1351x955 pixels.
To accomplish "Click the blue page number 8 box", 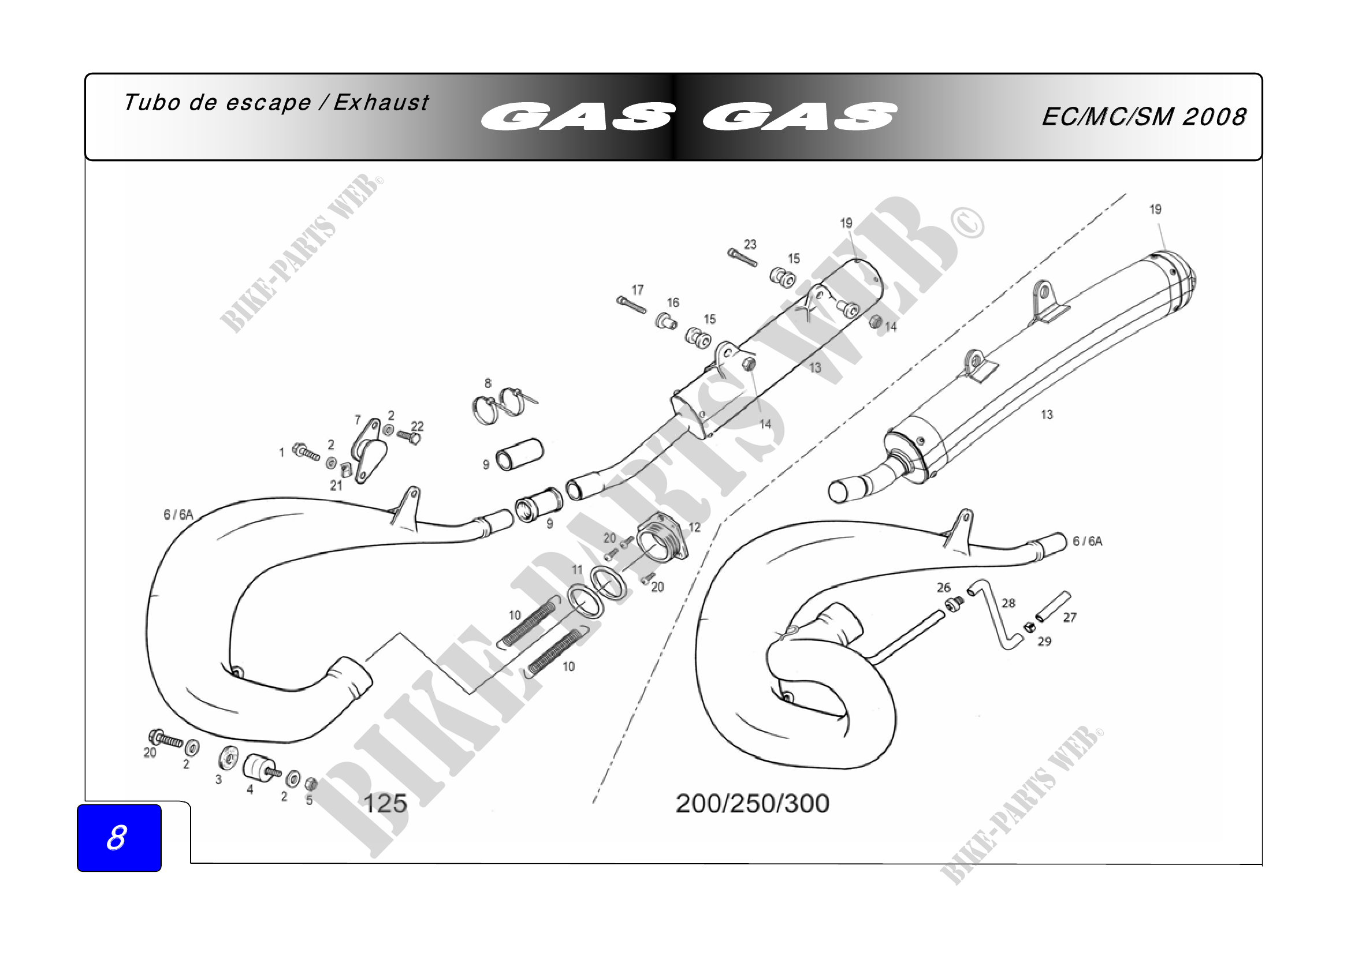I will coord(119,837).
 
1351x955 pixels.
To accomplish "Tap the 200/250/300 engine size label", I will coord(752,803).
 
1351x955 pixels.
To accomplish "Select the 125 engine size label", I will coord(385,803).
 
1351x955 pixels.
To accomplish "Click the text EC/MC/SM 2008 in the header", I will coord(1143,117).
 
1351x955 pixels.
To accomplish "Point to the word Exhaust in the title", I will coord(381,103).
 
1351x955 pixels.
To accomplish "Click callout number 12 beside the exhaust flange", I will coord(694,528).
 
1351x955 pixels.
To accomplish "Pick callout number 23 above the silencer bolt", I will coord(750,244).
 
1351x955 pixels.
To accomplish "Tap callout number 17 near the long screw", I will coord(637,290).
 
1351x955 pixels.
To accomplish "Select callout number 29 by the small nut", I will coord(1044,641).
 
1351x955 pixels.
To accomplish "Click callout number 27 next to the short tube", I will coord(1069,617).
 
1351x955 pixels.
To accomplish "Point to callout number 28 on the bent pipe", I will coord(1008,603).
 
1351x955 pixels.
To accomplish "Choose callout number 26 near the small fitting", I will coord(943,587).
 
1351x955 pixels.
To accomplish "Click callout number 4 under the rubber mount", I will coord(250,790).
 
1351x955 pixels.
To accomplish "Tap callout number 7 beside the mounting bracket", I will coord(357,419).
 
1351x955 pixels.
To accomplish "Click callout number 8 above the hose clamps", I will coord(487,383).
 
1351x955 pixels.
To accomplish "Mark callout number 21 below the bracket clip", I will coord(336,485).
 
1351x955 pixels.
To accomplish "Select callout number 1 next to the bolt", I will coord(281,452).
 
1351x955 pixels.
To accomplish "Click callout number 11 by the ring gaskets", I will coord(576,569).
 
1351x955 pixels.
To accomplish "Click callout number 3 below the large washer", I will coord(218,779).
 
